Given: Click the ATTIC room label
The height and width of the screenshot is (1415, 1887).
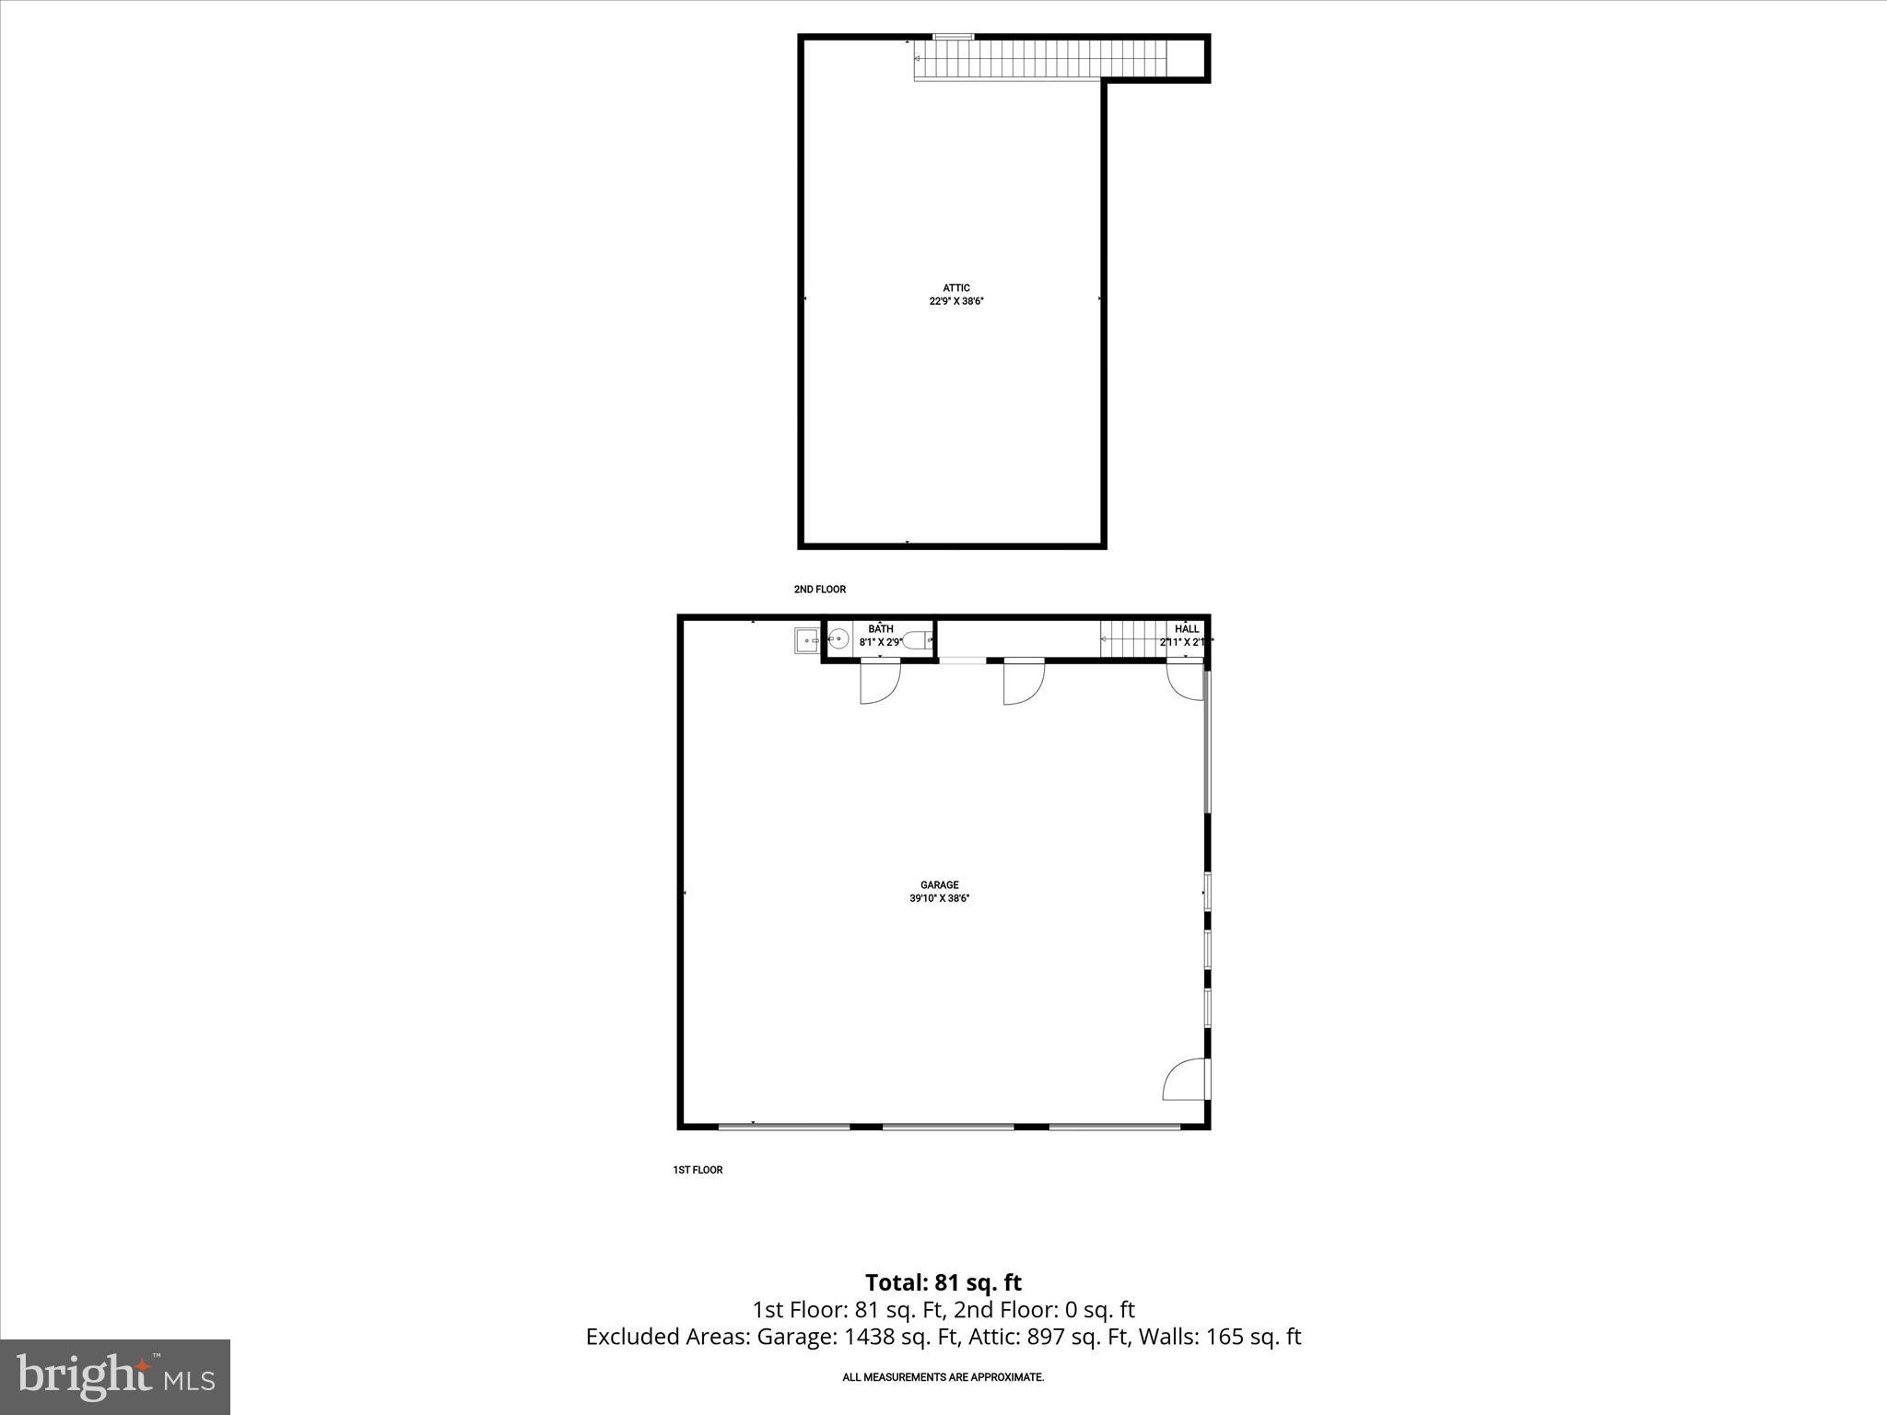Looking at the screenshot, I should tap(955, 288).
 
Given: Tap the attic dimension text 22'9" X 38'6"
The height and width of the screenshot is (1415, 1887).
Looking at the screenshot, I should tap(955, 301).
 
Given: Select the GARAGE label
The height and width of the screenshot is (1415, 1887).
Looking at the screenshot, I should tap(939, 885).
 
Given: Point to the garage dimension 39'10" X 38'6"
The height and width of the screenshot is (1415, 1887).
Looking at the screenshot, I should tap(939, 898).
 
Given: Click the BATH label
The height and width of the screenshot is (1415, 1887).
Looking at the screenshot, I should tap(880, 629).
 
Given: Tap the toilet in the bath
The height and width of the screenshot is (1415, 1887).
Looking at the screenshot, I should tap(916, 640).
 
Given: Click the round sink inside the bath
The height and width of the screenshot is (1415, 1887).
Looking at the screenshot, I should tap(838, 639).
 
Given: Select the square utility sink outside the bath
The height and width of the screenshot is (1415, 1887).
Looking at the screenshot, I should tap(806, 640).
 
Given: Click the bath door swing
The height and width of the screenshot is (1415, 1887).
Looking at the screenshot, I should tap(880, 683).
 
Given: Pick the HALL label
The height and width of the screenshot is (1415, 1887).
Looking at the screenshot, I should tap(1187, 629).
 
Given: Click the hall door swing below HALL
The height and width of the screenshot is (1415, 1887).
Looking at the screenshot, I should tap(1184, 680).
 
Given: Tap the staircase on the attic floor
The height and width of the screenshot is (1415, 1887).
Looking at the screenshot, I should tap(1041, 60).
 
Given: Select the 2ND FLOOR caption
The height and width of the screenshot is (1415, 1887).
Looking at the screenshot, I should tap(819, 590).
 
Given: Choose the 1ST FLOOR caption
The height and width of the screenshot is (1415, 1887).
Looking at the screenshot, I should tap(697, 1170).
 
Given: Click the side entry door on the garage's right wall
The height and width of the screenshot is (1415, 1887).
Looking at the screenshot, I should tap(1187, 1080).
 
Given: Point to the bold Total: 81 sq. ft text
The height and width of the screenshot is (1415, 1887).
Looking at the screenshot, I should tap(943, 1282).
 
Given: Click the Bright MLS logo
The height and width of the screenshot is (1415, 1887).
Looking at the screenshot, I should tap(115, 1376).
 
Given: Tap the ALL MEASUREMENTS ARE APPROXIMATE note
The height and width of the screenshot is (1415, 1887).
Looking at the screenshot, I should tap(943, 1377).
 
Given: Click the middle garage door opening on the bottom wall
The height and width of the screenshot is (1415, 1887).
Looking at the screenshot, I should tap(948, 1126).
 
